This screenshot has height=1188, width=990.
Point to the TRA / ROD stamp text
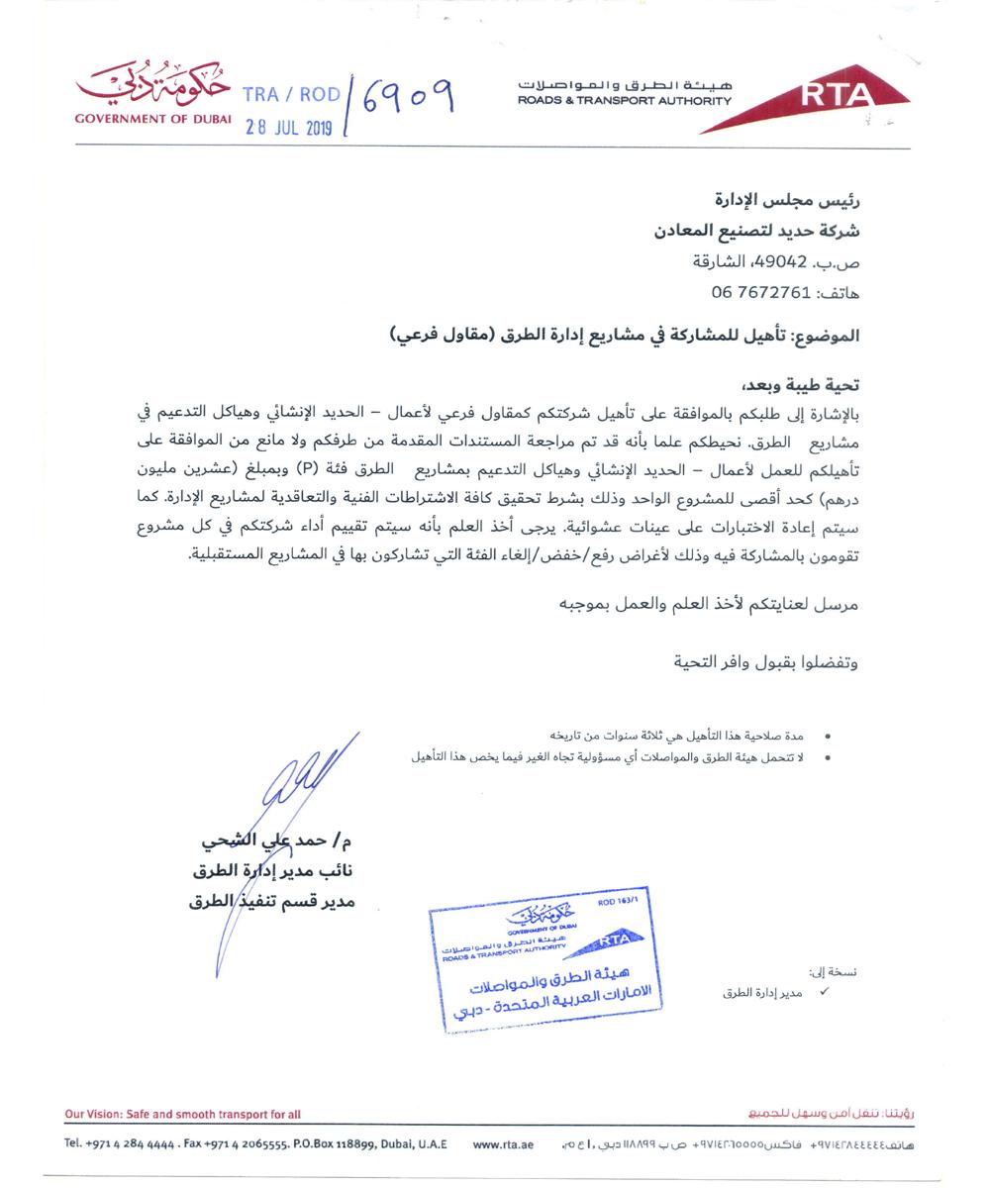tap(291, 95)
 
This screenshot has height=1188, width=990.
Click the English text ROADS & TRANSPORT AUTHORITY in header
tap(624, 101)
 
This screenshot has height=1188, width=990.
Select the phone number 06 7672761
tap(761, 293)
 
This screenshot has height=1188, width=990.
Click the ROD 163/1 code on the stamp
tap(619, 903)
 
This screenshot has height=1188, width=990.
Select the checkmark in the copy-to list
tap(823, 991)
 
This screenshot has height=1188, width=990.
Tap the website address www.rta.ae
tap(503, 1144)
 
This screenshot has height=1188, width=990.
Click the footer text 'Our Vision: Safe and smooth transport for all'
tap(183, 1114)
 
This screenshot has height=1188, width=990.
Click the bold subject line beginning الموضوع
tap(624, 336)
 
